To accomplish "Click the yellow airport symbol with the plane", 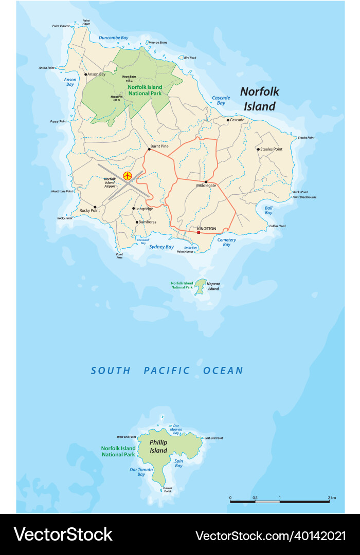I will click(x=128, y=176).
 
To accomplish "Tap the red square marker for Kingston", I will click(x=199, y=232).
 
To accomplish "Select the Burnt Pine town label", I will click(x=158, y=146).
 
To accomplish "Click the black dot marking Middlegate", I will click(x=206, y=181).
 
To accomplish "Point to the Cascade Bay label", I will click(x=221, y=100).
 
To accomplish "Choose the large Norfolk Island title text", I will click(x=260, y=99).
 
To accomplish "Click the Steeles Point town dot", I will click(x=258, y=149).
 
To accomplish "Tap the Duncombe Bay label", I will click(x=113, y=38).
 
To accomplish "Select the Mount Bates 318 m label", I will click(x=128, y=79).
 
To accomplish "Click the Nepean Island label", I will click(x=213, y=286).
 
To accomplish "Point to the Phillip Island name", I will click(x=158, y=446).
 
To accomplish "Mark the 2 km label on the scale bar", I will click(x=332, y=497).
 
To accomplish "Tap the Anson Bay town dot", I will click(x=85, y=75).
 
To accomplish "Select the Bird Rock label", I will click(x=190, y=58).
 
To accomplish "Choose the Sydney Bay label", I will click(x=161, y=247).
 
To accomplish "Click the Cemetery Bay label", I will click(x=226, y=242).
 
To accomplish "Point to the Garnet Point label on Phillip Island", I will click(x=167, y=489).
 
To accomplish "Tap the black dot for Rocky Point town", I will click(x=95, y=207).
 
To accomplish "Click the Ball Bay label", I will click(x=268, y=210).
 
